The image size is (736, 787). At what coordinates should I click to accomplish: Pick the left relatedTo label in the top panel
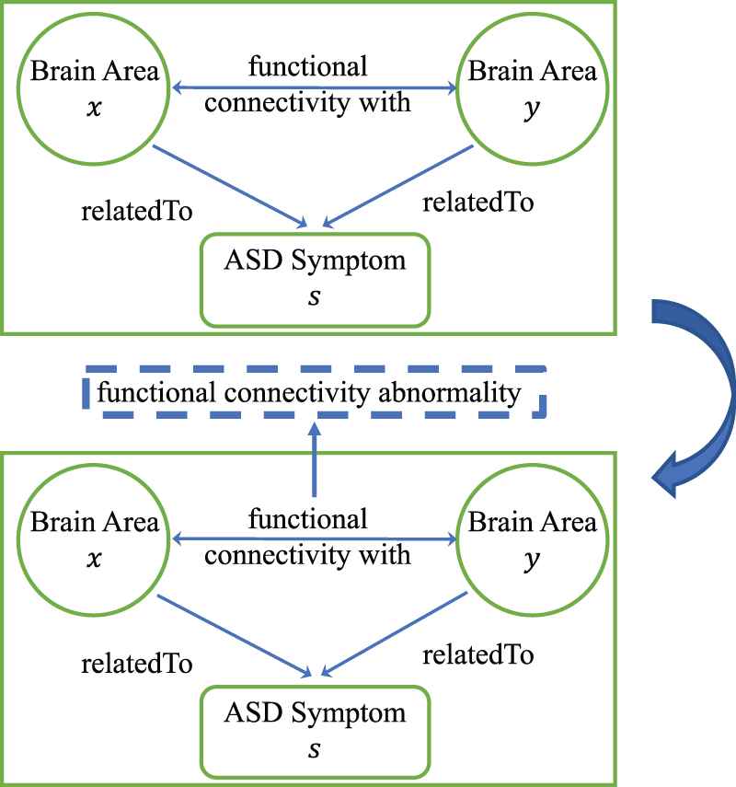[137, 211]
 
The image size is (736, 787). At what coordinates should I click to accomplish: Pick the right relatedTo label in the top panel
[478, 201]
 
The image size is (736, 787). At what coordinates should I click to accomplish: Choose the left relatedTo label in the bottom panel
[137, 665]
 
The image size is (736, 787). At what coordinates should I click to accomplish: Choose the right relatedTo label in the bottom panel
[478, 654]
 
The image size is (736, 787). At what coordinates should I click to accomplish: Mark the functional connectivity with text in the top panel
[308, 85]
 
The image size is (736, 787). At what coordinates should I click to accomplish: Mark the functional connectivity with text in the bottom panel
[308, 538]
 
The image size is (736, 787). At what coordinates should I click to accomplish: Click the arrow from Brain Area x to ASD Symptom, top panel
[230, 184]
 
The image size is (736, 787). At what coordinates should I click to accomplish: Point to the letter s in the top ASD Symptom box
[315, 295]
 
